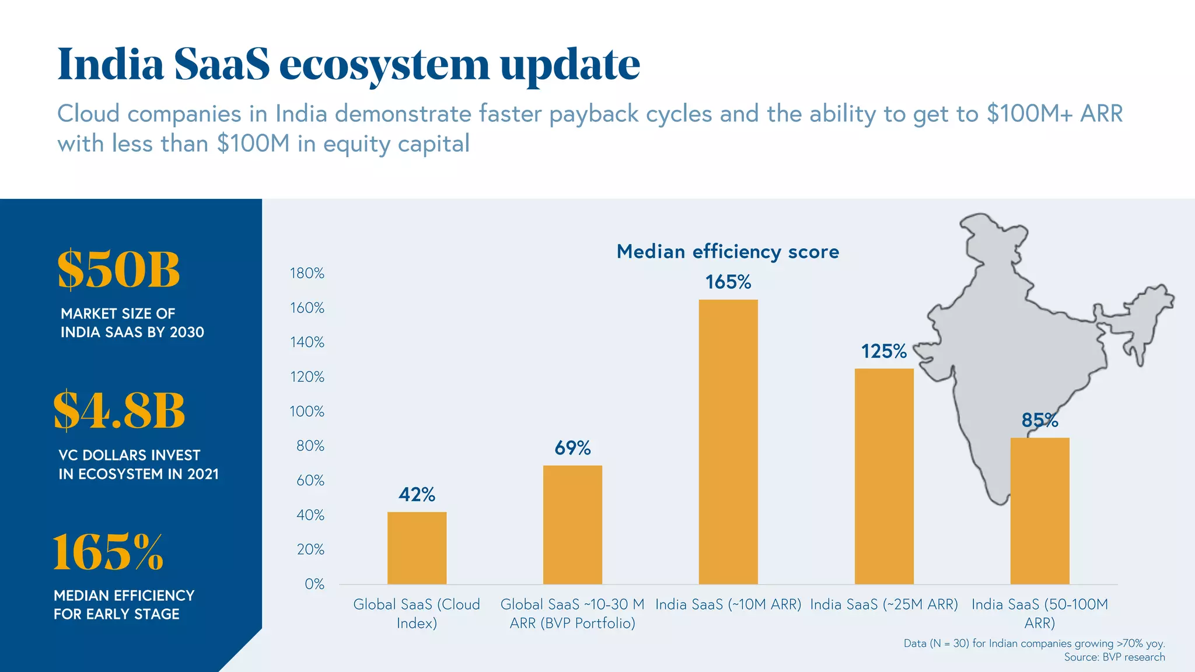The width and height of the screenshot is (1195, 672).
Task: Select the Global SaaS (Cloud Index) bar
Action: point(417,548)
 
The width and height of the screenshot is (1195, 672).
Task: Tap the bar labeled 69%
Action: point(572,524)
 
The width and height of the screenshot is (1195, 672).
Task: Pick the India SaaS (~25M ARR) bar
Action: point(884,476)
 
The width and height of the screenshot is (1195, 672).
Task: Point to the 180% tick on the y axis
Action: point(307,273)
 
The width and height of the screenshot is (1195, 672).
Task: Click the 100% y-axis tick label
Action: point(307,411)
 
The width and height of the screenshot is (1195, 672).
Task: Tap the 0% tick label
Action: point(314,584)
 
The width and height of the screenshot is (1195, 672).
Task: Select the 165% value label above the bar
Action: point(728,282)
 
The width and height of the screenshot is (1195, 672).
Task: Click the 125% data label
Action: point(884,351)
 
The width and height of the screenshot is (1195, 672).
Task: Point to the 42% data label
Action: point(417,495)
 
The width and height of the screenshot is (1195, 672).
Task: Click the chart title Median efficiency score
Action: point(728,251)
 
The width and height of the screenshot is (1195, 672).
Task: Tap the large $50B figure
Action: point(118,270)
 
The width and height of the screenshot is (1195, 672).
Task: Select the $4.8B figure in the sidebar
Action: point(119,411)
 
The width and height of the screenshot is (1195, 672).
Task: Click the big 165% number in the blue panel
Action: point(108,552)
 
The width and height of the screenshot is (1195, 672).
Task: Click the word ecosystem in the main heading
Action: point(384,64)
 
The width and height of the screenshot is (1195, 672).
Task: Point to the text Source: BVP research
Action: point(1114,657)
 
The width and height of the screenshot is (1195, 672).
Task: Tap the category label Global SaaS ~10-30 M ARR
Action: point(572,613)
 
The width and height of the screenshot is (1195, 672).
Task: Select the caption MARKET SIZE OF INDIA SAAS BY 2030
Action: point(132,323)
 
